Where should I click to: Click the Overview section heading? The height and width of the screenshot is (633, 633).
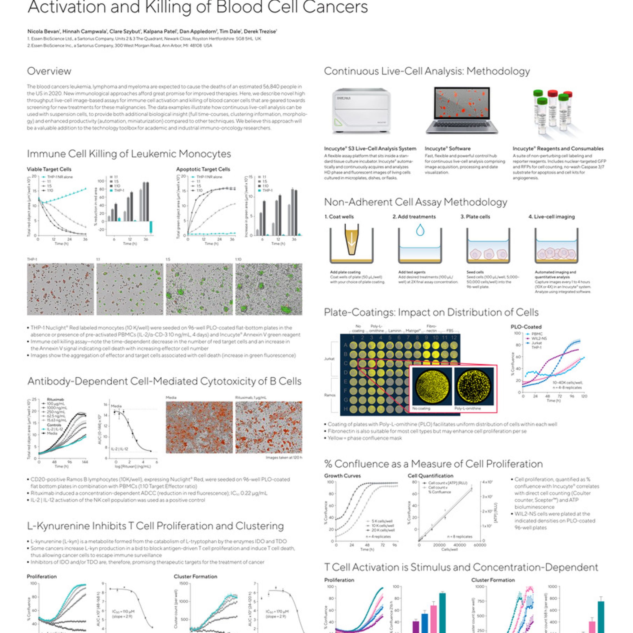point(49,71)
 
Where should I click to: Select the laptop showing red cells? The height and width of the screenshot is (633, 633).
point(462,111)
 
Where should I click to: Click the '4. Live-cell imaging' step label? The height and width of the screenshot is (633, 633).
point(551,217)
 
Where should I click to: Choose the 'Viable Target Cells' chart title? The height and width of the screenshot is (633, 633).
point(49,169)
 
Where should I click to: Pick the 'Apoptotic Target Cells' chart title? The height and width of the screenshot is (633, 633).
point(203,169)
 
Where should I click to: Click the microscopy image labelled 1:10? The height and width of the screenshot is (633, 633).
point(269,289)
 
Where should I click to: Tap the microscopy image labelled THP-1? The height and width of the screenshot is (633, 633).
point(60,289)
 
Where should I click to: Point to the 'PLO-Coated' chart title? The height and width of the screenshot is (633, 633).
point(526,327)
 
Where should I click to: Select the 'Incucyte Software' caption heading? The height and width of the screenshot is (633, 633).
point(448,149)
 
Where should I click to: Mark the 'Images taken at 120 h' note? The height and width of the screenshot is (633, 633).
point(284,457)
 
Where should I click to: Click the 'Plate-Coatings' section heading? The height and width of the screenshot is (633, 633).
point(431,312)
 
